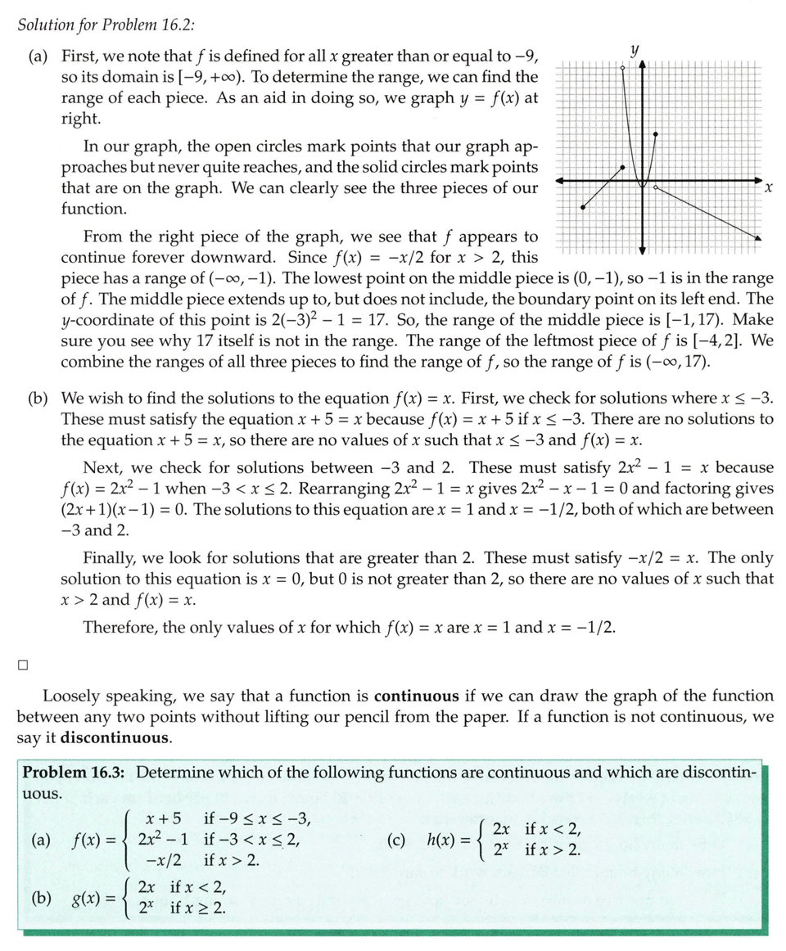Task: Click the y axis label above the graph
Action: (x=633, y=50)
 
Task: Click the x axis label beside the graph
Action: (x=767, y=189)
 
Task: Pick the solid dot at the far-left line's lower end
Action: (x=582, y=208)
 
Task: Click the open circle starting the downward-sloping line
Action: (x=656, y=188)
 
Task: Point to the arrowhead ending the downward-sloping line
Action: (x=758, y=238)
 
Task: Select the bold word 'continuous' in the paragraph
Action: (x=416, y=696)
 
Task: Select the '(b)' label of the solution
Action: (x=38, y=399)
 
